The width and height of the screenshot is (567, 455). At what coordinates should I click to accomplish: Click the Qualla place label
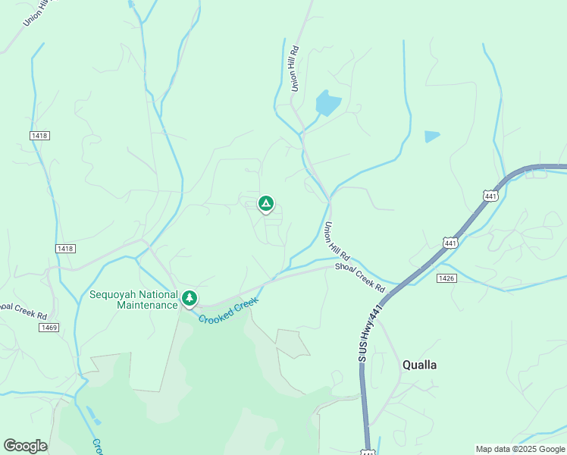coord(419,365)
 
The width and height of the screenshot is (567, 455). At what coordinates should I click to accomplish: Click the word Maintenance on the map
coord(147,305)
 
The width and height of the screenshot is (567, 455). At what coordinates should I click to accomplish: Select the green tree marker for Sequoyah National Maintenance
coord(189,299)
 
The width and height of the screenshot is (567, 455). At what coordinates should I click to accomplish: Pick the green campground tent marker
coord(265,204)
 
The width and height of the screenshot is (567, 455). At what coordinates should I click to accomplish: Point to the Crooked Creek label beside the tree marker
coord(229,310)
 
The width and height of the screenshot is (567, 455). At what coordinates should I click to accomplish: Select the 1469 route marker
coord(49,327)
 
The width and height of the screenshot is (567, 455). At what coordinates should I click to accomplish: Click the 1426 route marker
coord(446,278)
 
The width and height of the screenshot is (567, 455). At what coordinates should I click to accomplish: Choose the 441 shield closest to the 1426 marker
coord(451,243)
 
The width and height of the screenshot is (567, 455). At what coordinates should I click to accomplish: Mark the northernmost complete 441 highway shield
coord(491,196)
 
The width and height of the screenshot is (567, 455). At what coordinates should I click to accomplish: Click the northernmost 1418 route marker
coord(39,135)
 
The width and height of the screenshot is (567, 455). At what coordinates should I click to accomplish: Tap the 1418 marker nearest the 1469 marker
coord(65,249)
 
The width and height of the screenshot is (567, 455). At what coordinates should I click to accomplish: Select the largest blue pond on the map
coord(327,102)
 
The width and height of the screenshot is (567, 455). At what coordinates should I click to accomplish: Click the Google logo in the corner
coord(25,446)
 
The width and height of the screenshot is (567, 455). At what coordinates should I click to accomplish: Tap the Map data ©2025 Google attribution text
coord(520,449)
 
